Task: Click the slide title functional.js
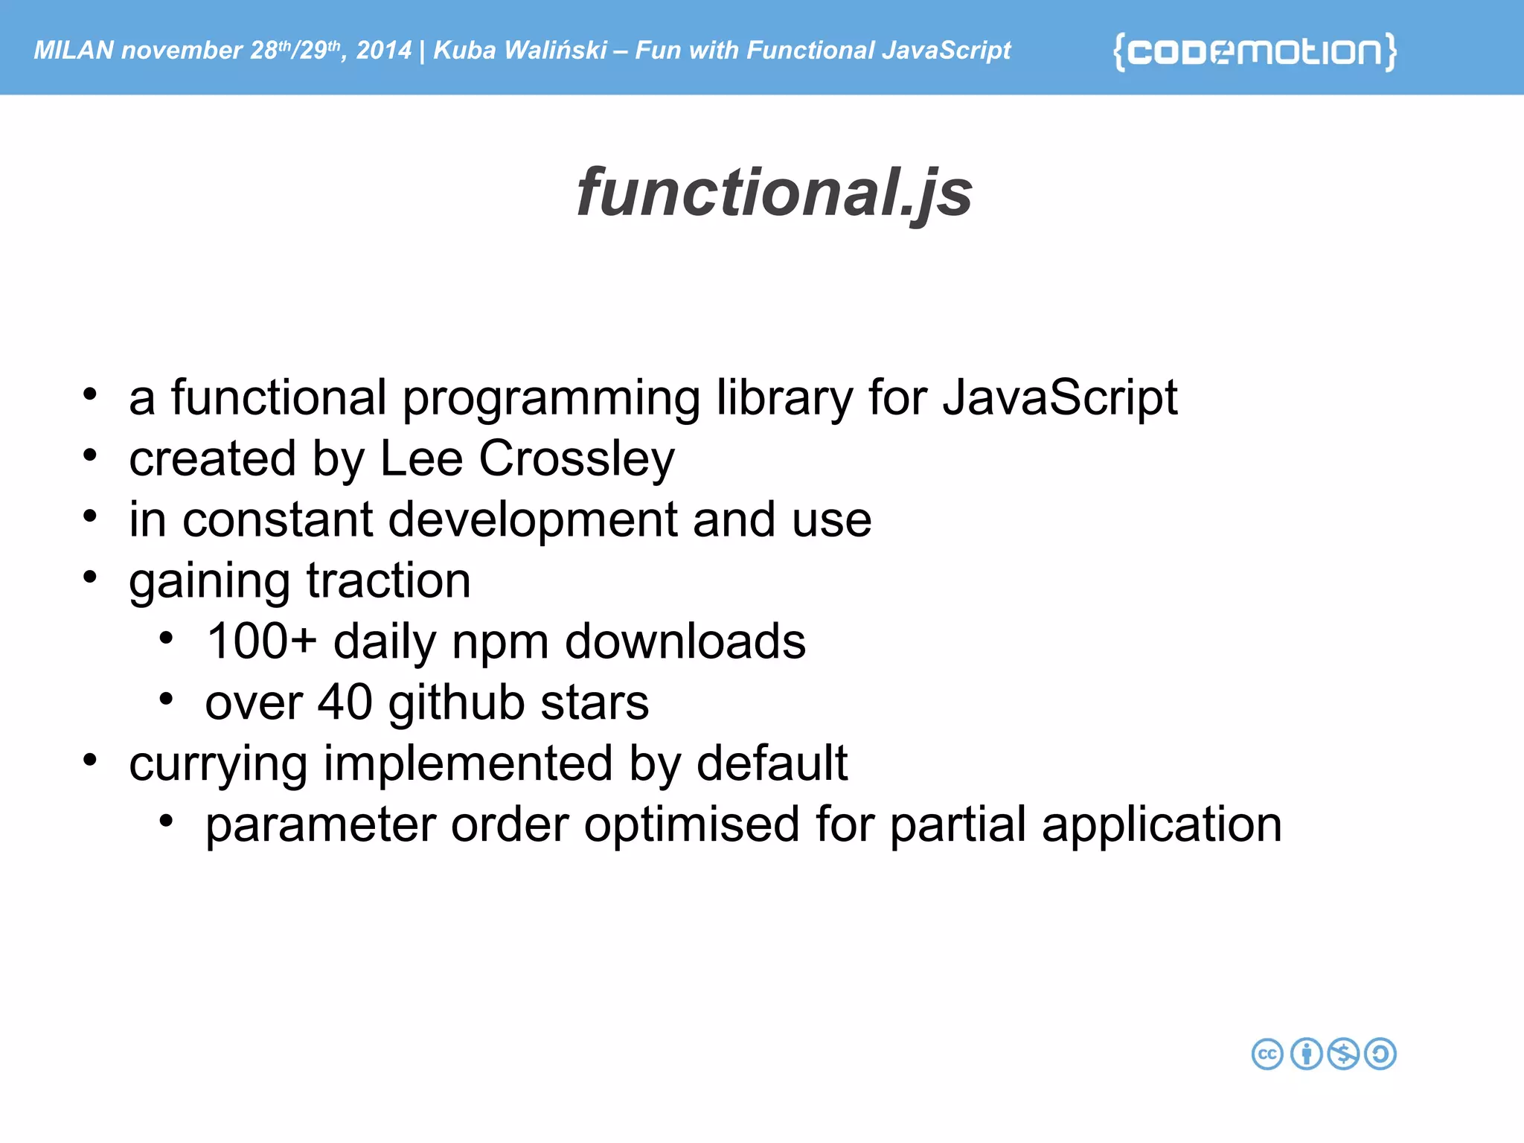774,192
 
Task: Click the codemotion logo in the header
1255,51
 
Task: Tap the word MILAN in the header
74,50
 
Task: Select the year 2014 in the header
383,50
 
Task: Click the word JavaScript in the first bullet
1060,398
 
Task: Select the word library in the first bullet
784,398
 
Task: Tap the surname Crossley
577,459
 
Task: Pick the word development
533,519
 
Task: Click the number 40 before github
345,702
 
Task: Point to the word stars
595,702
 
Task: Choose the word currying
218,765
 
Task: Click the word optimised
691,825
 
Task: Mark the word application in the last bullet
1161,825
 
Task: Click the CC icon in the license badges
1267,1054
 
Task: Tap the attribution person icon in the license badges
1306,1054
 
